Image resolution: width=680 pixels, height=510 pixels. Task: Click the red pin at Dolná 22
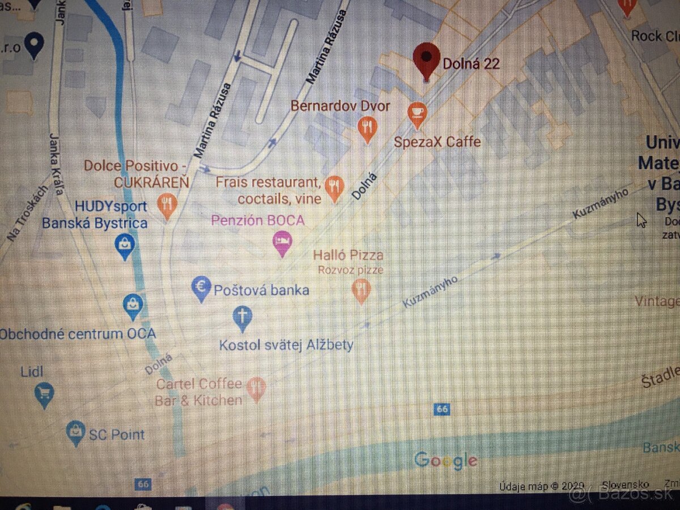click(x=427, y=60)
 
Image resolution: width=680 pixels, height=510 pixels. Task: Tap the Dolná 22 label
click(x=471, y=63)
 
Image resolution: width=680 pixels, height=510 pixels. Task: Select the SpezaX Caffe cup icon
click(x=418, y=113)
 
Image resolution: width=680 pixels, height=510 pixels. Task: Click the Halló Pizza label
click(x=348, y=256)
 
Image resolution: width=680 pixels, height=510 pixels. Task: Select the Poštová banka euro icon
click(x=201, y=288)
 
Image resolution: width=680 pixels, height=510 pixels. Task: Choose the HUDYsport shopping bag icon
click(x=124, y=245)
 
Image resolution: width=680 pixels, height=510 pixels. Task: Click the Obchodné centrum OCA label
click(x=78, y=334)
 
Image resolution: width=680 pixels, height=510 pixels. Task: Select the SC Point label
click(x=117, y=435)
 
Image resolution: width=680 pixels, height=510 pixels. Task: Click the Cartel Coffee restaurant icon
click(x=256, y=388)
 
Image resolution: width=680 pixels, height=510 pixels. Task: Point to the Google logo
click(x=445, y=460)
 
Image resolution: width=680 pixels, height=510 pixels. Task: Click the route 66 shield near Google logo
click(x=442, y=409)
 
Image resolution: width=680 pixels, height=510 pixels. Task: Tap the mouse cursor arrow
click(x=641, y=220)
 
